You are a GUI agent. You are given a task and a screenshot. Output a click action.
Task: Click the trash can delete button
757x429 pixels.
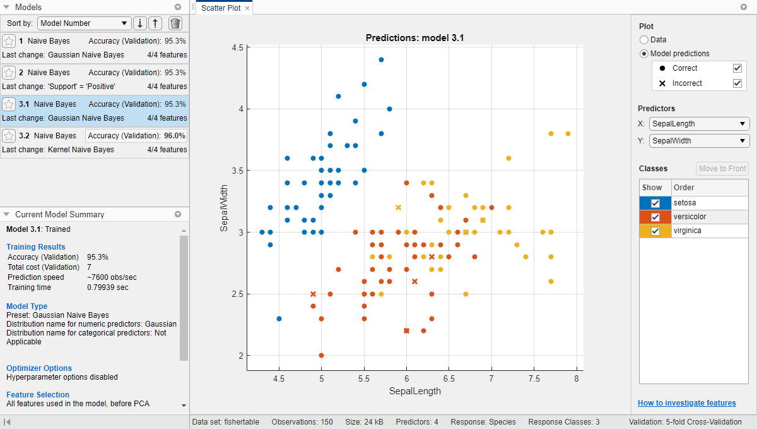click(x=175, y=23)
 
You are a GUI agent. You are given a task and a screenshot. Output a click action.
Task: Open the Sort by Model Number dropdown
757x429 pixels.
click(x=85, y=23)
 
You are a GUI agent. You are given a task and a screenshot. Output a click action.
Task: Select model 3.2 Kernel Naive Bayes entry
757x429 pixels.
click(x=95, y=142)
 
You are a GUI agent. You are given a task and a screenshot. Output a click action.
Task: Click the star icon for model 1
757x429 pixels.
click(x=9, y=41)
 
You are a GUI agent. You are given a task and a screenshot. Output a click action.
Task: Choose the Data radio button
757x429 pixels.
click(x=644, y=40)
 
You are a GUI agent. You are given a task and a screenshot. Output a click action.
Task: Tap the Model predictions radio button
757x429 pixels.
click(x=644, y=54)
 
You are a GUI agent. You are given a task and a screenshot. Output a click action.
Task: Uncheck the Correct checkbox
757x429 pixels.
click(x=737, y=68)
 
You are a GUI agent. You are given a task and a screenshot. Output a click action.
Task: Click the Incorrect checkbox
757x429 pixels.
click(x=737, y=83)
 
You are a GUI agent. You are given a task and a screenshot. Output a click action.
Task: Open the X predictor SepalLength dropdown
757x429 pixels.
click(x=699, y=124)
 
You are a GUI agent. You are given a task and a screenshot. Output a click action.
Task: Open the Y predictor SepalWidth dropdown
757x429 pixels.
click(x=699, y=142)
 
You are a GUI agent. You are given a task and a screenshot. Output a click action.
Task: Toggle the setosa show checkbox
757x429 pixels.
click(x=655, y=203)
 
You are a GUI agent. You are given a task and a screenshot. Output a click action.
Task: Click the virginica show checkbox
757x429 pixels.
click(x=655, y=231)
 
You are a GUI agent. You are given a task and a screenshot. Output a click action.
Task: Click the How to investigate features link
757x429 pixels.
click(x=686, y=403)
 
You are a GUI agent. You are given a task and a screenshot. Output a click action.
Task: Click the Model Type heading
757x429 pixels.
click(x=26, y=306)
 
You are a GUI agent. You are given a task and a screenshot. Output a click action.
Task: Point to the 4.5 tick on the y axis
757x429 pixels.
click(x=237, y=47)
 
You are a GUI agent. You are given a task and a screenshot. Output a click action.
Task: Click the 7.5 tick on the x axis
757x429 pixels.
click(x=534, y=378)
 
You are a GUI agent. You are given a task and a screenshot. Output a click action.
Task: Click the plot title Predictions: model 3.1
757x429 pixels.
click(x=414, y=38)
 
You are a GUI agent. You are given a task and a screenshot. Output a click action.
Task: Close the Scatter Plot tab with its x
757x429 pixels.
click(x=247, y=8)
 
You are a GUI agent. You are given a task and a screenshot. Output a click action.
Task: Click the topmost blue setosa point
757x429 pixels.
click(x=381, y=59)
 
